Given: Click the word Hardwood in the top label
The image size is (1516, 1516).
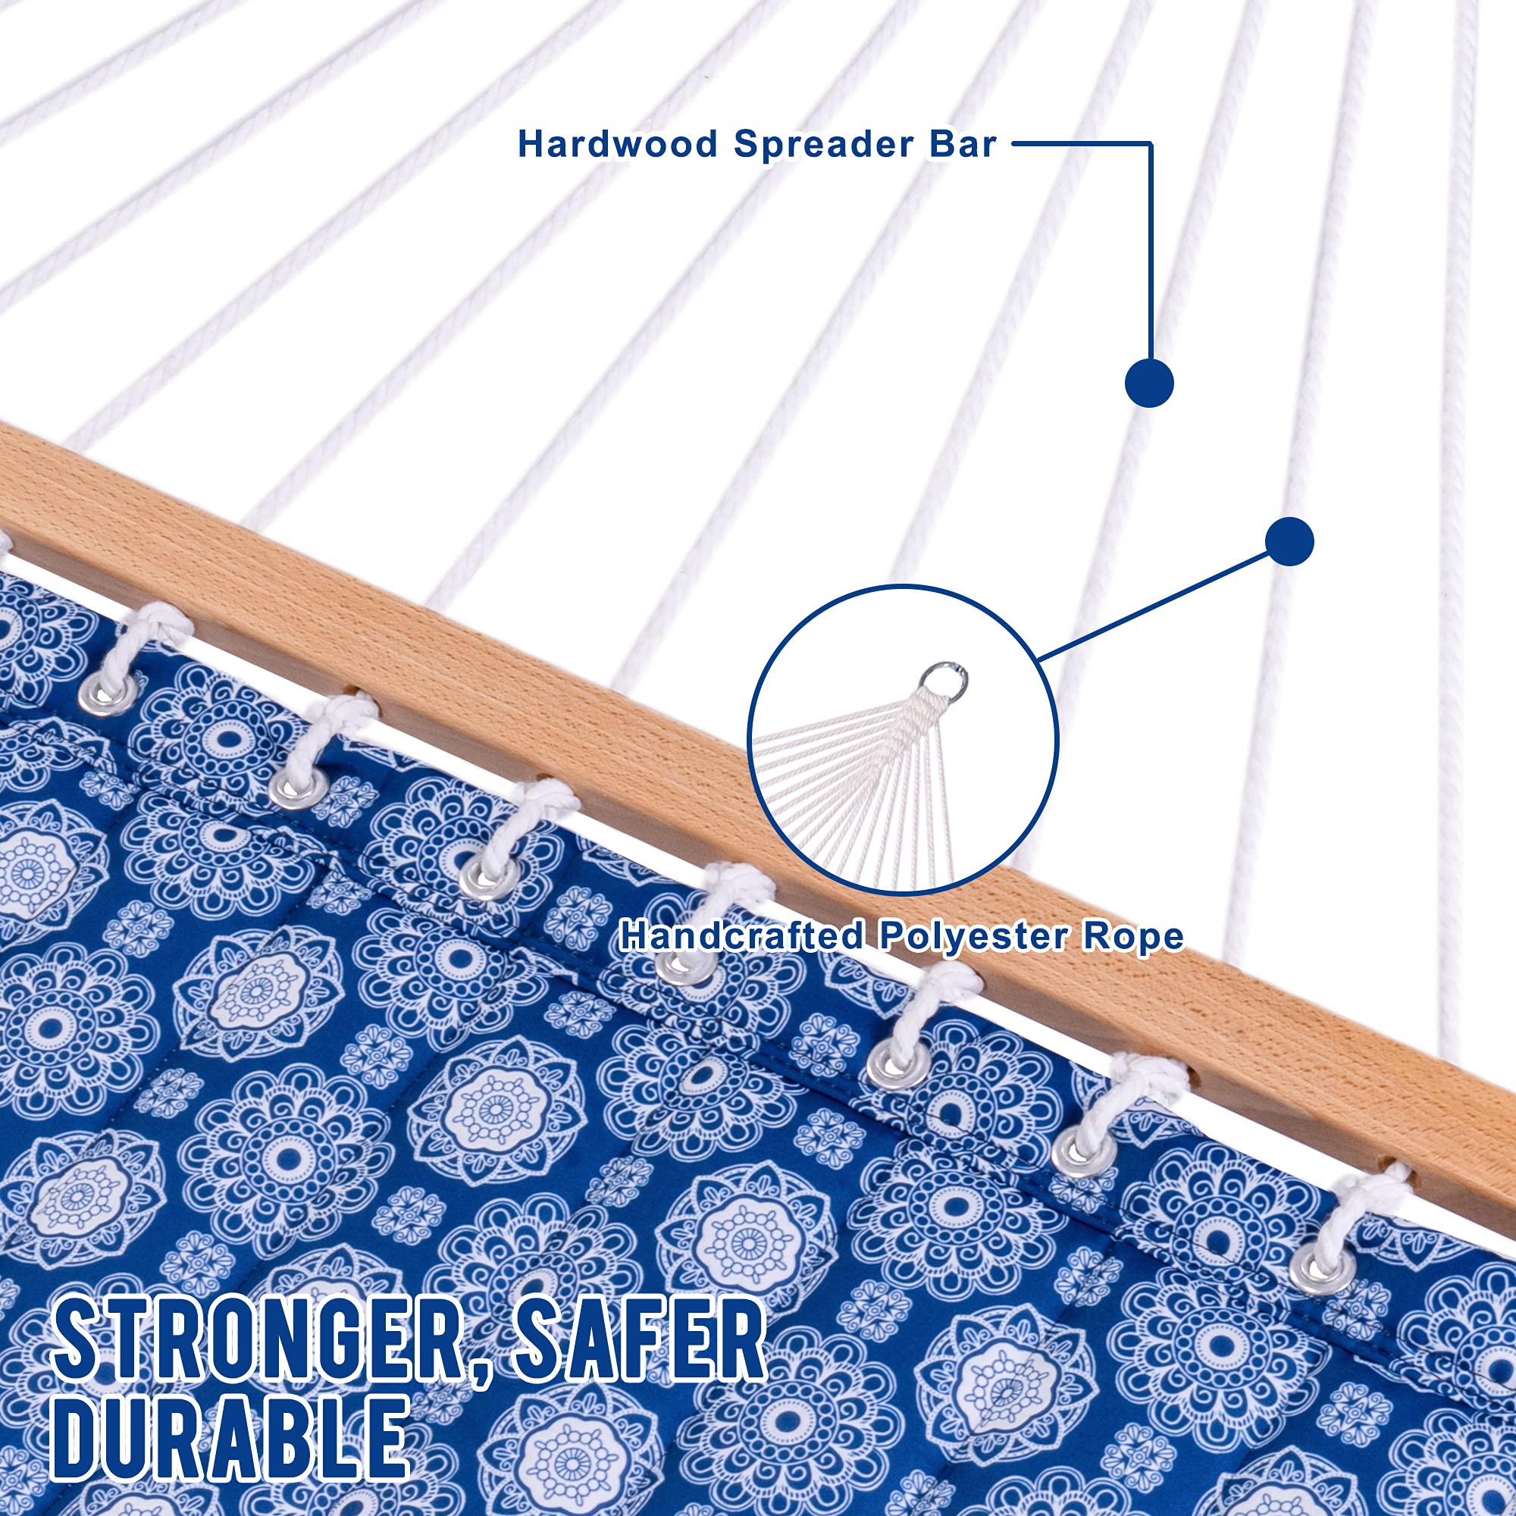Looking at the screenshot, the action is pos(618,144).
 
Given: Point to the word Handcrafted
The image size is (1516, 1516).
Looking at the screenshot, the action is pos(742,936).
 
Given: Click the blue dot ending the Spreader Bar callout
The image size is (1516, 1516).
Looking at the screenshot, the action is pos(1149,383).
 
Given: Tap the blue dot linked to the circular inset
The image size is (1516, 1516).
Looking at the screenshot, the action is pos(1289,541).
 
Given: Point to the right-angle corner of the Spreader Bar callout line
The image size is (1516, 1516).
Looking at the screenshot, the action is pos(1151,143).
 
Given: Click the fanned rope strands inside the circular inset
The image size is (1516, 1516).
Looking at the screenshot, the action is pos(863,777).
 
